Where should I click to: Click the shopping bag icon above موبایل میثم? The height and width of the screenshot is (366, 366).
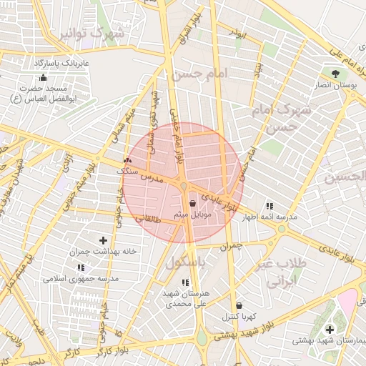[x=193, y=203]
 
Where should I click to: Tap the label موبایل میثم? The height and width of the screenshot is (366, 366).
[x=191, y=214]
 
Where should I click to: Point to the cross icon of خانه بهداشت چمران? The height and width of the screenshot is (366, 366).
[x=103, y=240]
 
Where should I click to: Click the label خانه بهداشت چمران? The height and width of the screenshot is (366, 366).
[x=103, y=252]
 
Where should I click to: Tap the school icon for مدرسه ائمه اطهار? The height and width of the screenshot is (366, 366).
[x=269, y=204]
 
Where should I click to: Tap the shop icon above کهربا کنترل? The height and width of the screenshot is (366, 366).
[x=238, y=305]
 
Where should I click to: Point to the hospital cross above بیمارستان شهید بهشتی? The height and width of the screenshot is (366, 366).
[x=329, y=330]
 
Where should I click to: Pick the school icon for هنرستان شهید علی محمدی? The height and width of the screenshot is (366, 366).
[x=195, y=282]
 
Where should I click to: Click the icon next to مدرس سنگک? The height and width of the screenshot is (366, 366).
[x=127, y=160]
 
